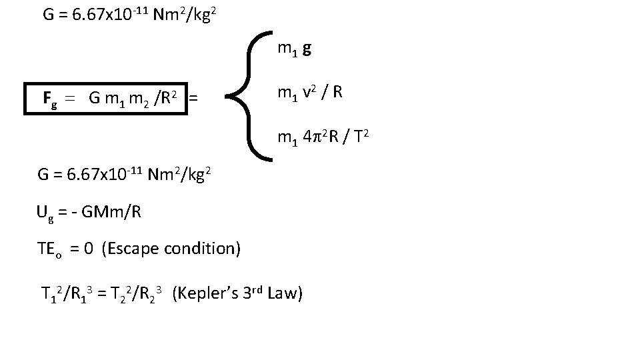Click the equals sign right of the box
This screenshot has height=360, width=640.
click(193, 99)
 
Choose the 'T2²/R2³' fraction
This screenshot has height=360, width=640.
click(136, 294)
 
